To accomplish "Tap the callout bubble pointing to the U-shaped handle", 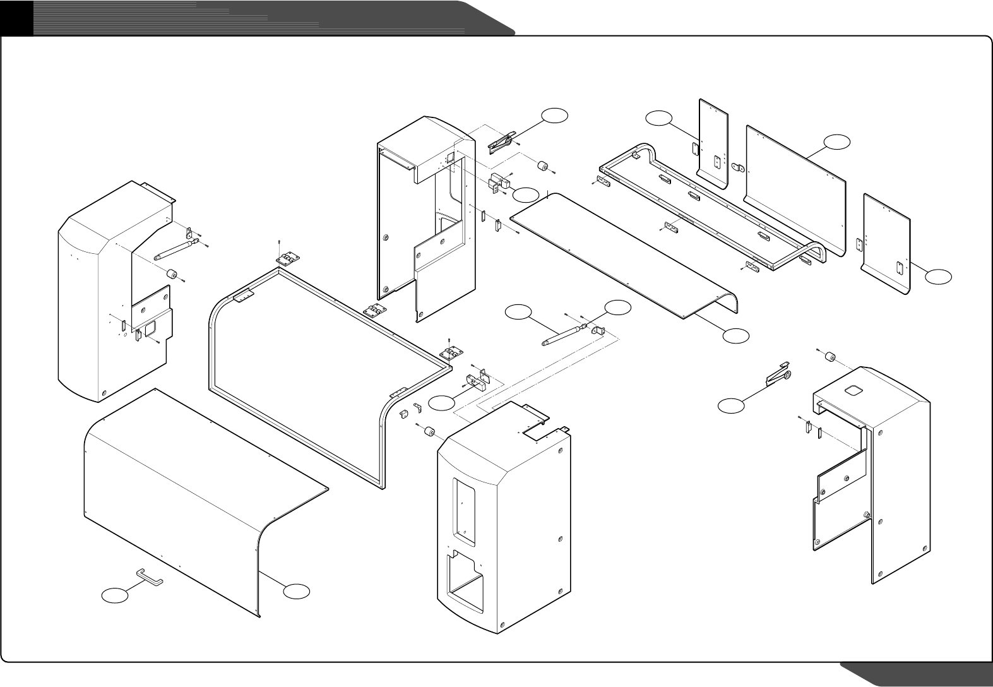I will click(116, 595).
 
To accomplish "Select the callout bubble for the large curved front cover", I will click(296, 591).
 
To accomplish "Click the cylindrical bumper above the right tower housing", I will click(829, 357).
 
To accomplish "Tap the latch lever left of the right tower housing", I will click(778, 376).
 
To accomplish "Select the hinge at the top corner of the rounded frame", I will click(288, 260).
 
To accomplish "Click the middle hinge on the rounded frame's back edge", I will click(374, 312).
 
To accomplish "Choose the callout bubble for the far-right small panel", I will click(939, 276).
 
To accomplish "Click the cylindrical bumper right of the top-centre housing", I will click(542, 167).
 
